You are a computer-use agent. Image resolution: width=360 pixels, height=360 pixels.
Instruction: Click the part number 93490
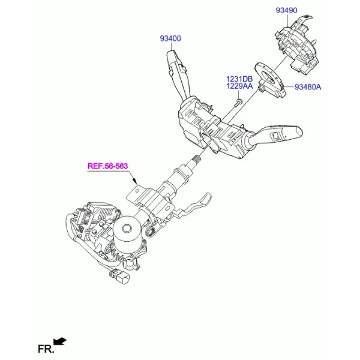[x=286, y=10]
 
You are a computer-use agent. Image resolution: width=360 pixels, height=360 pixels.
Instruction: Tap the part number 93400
[x=170, y=38]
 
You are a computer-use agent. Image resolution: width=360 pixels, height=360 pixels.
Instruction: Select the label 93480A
[x=308, y=87]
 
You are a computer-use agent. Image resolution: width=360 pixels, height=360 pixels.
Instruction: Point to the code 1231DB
[x=239, y=79]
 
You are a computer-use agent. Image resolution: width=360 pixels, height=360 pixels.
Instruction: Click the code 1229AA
[x=239, y=86]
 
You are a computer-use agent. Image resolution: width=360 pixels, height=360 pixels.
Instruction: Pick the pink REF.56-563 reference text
[x=107, y=166]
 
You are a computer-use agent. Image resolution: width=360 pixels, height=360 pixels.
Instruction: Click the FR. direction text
[x=46, y=349]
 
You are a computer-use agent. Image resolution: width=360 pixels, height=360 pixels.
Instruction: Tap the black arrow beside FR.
[x=59, y=341]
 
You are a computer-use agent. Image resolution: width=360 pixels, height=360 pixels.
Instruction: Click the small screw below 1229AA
[x=237, y=104]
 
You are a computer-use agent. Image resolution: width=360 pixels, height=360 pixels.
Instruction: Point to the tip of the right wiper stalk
[x=299, y=131]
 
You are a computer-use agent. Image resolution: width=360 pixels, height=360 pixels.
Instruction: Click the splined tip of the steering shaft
[x=196, y=158]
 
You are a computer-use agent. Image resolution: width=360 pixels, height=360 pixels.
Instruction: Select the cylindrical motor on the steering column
[x=127, y=232]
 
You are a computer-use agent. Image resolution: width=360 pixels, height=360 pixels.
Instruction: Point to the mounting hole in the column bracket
[x=137, y=190]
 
